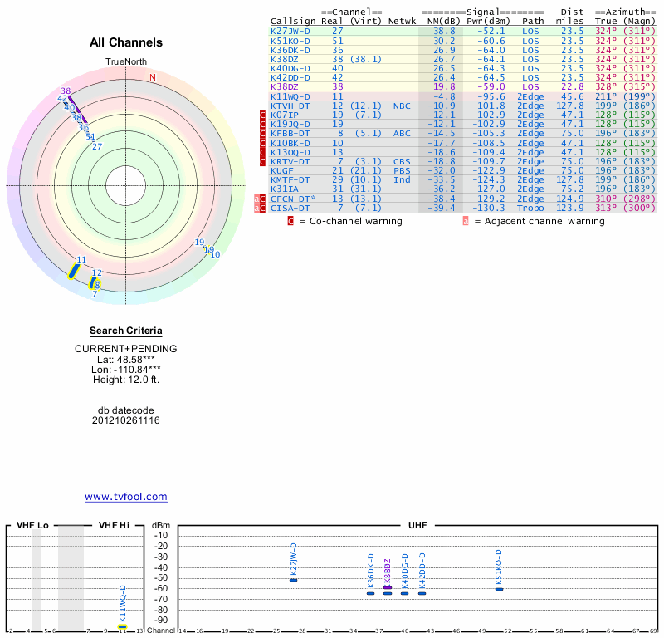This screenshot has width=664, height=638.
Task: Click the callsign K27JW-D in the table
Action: (x=290, y=31)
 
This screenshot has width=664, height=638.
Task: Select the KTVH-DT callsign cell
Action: (x=290, y=106)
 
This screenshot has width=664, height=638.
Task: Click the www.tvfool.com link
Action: (x=126, y=497)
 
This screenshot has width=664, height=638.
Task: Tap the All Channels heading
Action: (x=126, y=42)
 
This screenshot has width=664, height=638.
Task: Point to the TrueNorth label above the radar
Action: (x=125, y=62)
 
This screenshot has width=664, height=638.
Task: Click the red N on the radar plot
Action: (x=153, y=78)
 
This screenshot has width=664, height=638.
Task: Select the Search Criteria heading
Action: (x=126, y=331)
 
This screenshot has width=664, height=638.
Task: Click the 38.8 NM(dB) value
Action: (x=444, y=31)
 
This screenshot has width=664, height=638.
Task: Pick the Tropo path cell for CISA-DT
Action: (x=531, y=208)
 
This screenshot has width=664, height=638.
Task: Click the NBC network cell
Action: (x=402, y=106)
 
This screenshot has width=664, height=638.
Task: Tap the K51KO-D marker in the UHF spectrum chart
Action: (x=499, y=588)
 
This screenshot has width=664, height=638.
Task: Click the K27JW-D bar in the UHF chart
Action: (x=293, y=579)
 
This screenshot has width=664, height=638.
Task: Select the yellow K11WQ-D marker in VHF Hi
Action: (x=122, y=626)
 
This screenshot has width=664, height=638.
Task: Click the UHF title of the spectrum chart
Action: (x=418, y=526)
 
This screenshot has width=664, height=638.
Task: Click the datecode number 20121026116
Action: (x=126, y=420)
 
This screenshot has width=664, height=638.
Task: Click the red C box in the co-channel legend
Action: (x=290, y=221)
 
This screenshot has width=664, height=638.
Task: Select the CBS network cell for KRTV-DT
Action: (x=402, y=161)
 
